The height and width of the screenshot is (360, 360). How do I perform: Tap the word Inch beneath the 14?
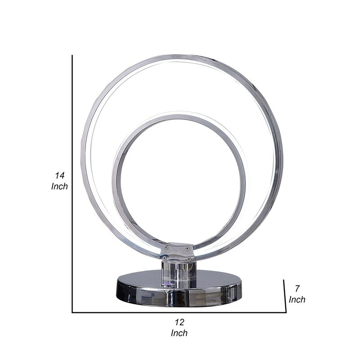(59, 186)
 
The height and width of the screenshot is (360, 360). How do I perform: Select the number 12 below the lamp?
(179, 322)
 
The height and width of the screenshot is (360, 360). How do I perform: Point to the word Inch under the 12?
(179, 333)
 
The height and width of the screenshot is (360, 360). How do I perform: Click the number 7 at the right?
(297, 289)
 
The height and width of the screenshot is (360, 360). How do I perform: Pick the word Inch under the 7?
(297, 299)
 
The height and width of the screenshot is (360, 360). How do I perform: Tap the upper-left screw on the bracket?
(166, 247)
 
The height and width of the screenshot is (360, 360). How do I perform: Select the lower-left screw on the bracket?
(165, 258)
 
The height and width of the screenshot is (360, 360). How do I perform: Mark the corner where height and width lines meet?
(72, 312)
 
